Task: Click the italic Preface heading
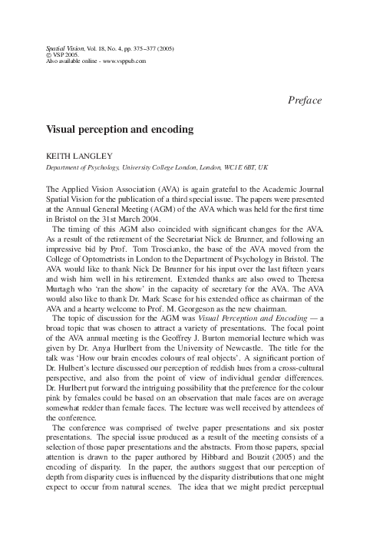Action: point(303,101)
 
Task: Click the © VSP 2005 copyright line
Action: point(67,54)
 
